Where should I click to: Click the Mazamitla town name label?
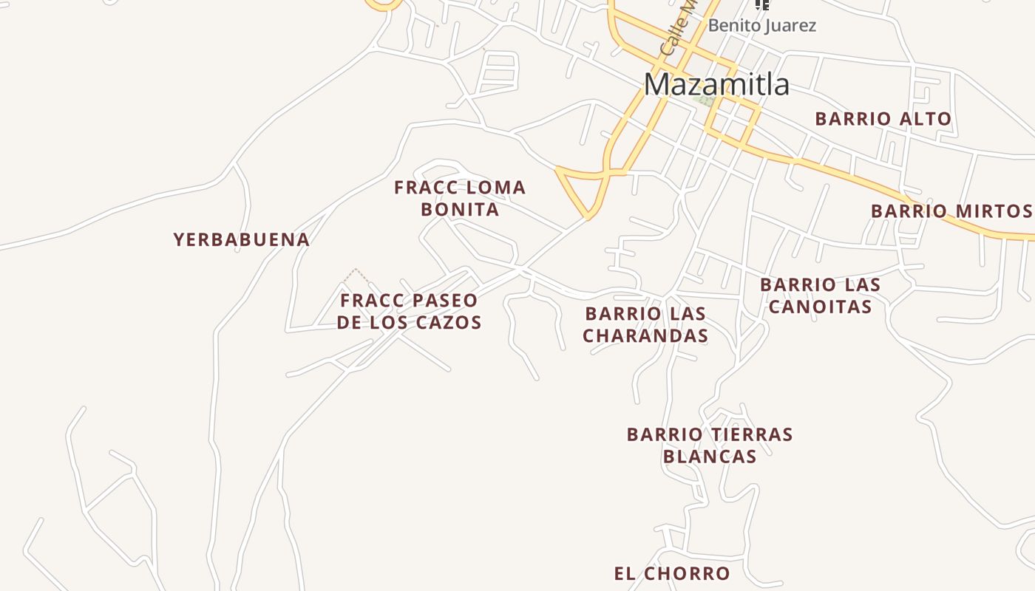[716, 84]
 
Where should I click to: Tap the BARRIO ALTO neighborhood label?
[883, 119]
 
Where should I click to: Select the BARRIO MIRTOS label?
[951, 211]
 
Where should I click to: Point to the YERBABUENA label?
[241, 239]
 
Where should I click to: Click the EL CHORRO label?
[671, 573]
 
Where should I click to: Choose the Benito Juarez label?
[761, 26]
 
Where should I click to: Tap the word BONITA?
[460, 209]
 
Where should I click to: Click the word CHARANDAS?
[645, 336]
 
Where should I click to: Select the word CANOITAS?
[820, 306]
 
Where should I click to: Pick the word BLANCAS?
[709, 457]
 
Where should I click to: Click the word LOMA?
[497, 188]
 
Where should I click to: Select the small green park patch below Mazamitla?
[706, 100]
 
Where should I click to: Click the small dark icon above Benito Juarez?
[762, 4]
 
